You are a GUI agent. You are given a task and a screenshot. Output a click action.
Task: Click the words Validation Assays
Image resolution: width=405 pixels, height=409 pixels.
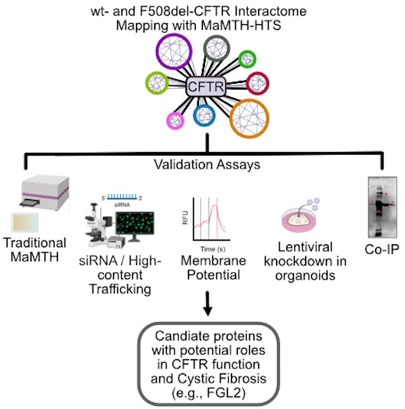click(203, 163)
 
